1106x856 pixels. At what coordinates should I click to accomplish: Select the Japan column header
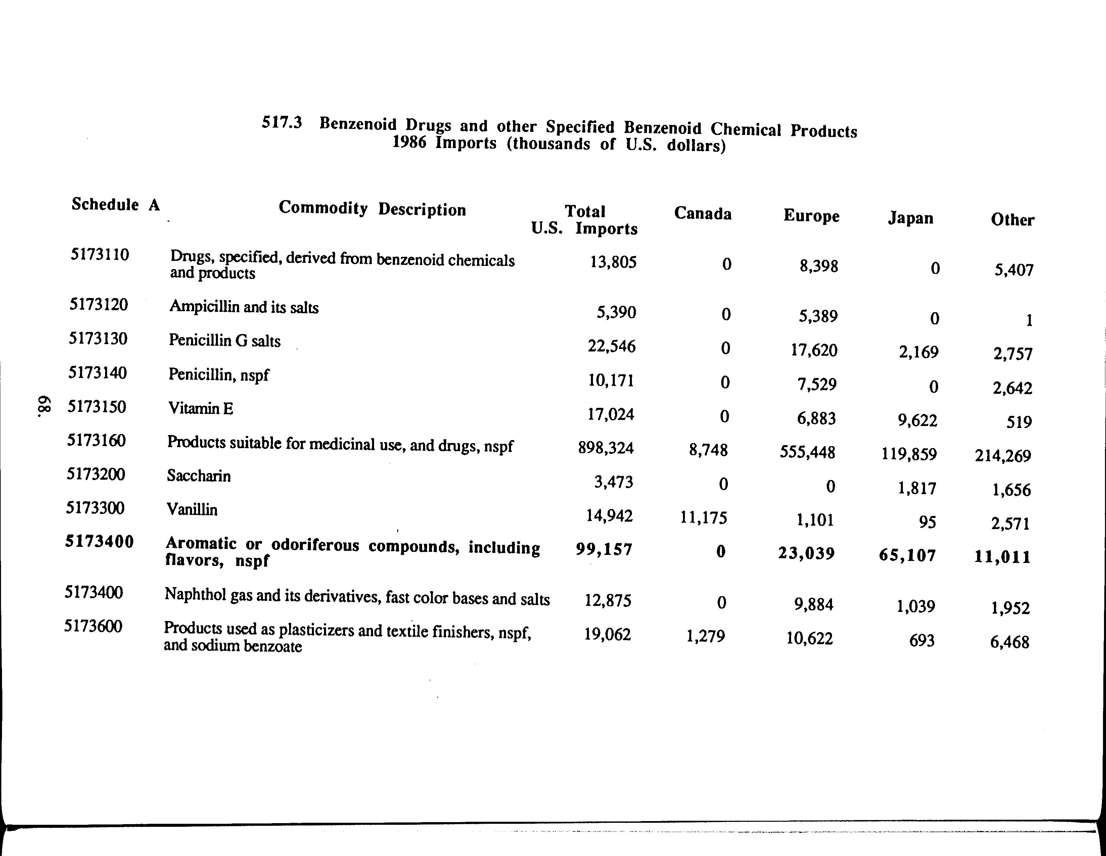pyautogui.click(x=910, y=218)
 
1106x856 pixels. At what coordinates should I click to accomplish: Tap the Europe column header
pyautogui.click(x=811, y=216)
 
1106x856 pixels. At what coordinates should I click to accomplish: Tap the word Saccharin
pyautogui.click(x=198, y=476)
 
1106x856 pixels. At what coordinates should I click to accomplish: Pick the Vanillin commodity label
pyautogui.click(x=192, y=509)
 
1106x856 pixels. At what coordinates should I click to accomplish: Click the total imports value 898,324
pyautogui.click(x=606, y=448)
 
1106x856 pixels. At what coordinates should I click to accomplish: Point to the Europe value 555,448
pyautogui.click(x=807, y=451)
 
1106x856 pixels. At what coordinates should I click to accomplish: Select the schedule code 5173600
pyautogui.click(x=93, y=627)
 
